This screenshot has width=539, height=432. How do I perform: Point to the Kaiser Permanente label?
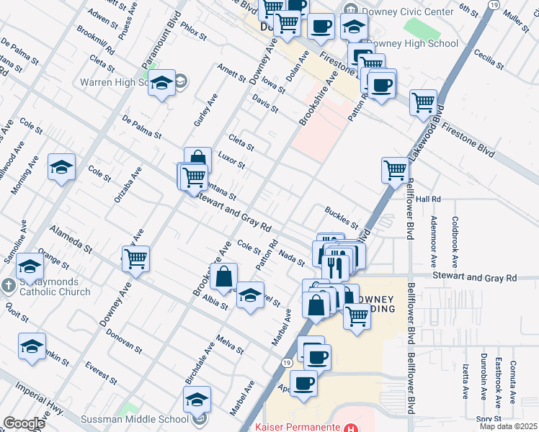[298, 427]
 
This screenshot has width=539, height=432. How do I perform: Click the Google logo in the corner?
[24, 423]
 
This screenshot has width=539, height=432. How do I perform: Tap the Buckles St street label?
[341, 218]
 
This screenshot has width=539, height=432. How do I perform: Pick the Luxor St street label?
[232, 161]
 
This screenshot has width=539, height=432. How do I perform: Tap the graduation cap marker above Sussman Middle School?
[197, 399]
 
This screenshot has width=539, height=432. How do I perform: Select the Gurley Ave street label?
[205, 110]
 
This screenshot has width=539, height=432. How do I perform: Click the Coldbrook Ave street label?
[455, 240]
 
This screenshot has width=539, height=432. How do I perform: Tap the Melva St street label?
[231, 344]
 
